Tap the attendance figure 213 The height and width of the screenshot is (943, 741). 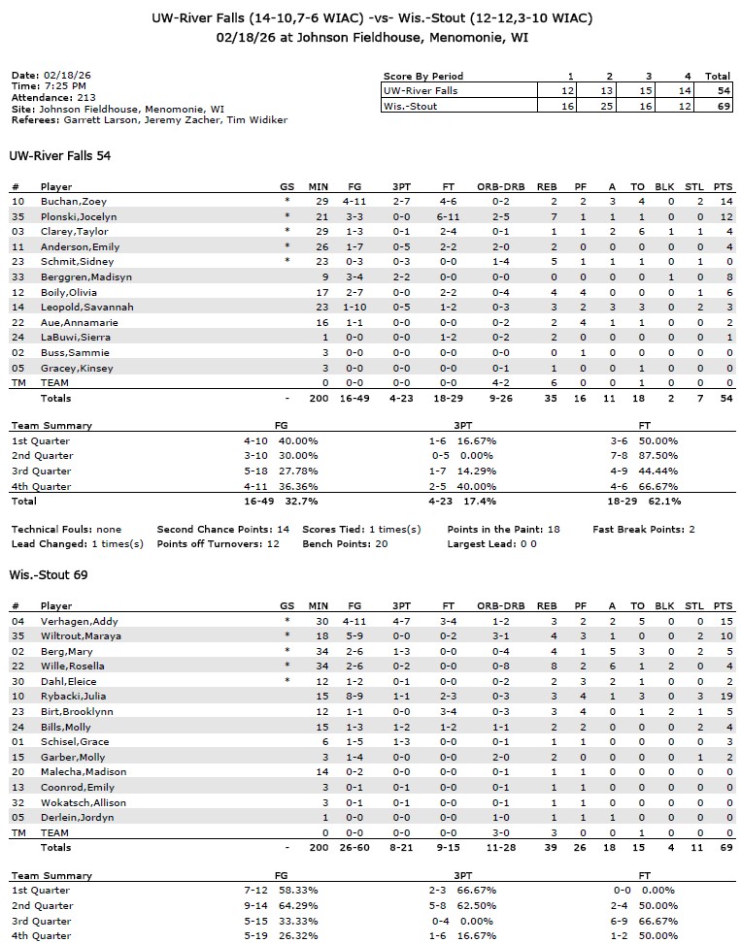pos(85,98)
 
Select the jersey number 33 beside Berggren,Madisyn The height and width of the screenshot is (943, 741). pos(17,276)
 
